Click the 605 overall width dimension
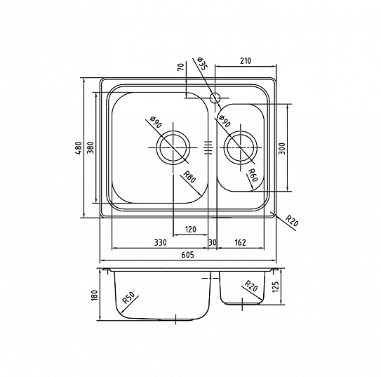tap(188, 255)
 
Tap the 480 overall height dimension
tap(79, 148)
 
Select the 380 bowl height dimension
tap(91, 147)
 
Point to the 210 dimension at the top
tap(246, 60)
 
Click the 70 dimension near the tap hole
tap(180, 67)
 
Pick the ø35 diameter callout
tap(201, 64)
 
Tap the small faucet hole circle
tap(215, 98)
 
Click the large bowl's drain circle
tap(173, 147)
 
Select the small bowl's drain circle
tap(241, 147)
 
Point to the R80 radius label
tap(189, 177)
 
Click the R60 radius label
tap(252, 176)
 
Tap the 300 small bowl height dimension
tap(281, 148)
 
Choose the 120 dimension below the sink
tap(190, 229)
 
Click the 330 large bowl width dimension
tap(161, 243)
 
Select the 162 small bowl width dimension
tap(240, 243)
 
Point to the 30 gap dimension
tap(213, 243)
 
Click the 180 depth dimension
tap(95, 295)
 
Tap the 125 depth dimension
tap(275, 287)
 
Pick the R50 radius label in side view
tap(128, 298)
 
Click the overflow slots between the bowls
tap(208, 147)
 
